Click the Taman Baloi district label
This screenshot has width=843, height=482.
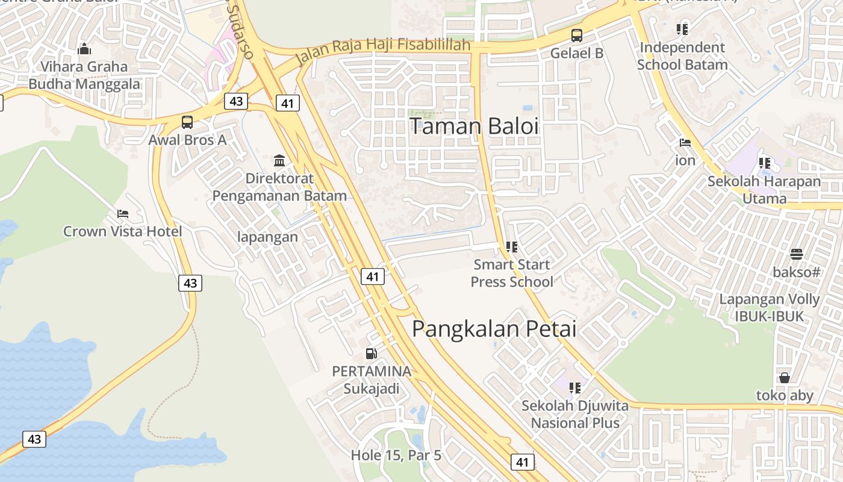[474, 127]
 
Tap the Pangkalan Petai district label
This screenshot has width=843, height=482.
[494, 329]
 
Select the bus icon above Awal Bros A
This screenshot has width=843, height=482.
[187, 122]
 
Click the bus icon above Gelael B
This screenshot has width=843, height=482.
[576, 35]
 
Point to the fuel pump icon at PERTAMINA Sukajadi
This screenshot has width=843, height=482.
[372, 354]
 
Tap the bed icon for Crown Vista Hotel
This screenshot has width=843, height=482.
[123, 214]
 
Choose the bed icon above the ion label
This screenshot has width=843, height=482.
[685, 143]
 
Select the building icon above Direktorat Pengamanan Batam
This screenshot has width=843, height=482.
[279, 161]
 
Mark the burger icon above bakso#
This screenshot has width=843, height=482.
[796, 254]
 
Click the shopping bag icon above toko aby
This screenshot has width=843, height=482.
[784, 378]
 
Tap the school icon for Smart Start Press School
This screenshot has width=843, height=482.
[512, 246]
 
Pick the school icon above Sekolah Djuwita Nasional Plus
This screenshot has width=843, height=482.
[574, 388]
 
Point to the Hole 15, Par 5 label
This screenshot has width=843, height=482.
[396, 455]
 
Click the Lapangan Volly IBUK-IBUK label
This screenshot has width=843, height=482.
[770, 308]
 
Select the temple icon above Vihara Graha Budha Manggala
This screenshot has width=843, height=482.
[84, 49]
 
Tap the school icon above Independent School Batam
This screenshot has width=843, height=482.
[682, 29]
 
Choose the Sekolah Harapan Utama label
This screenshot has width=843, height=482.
[764, 190]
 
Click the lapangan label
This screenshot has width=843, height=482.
[267, 237]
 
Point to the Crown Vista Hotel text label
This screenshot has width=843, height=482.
[123, 231]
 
